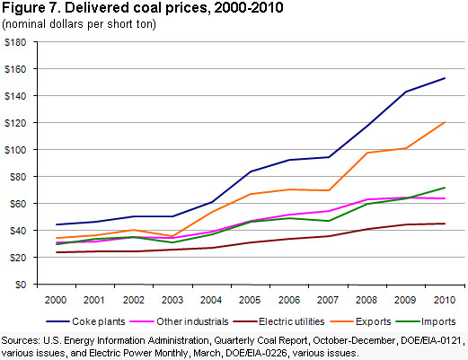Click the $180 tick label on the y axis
[x=15, y=42]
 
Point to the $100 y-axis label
[x=15, y=150]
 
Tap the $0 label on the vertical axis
[x=21, y=285]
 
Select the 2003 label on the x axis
[x=172, y=300]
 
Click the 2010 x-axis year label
[x=445, y=300]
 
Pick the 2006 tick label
[x=289, y=300]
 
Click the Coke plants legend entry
[x=85, y=321]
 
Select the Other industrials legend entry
[x=179, y=321]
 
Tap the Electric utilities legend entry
[x=278, y=321]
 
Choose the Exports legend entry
[x=360, y=321]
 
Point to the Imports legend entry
[x=426, y=321]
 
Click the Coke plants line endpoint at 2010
[x=445, y=78]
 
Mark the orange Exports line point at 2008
[x=367, y=153]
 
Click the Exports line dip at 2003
[x=172, y=236]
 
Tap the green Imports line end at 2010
[x=445, y=188]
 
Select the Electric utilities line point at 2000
[x=57, y=252]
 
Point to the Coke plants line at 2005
[x=251, y=171]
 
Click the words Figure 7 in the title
[x=31, y=8]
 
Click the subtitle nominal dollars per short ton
[x=79, y=24]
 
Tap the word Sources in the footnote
[x=21, y=340]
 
